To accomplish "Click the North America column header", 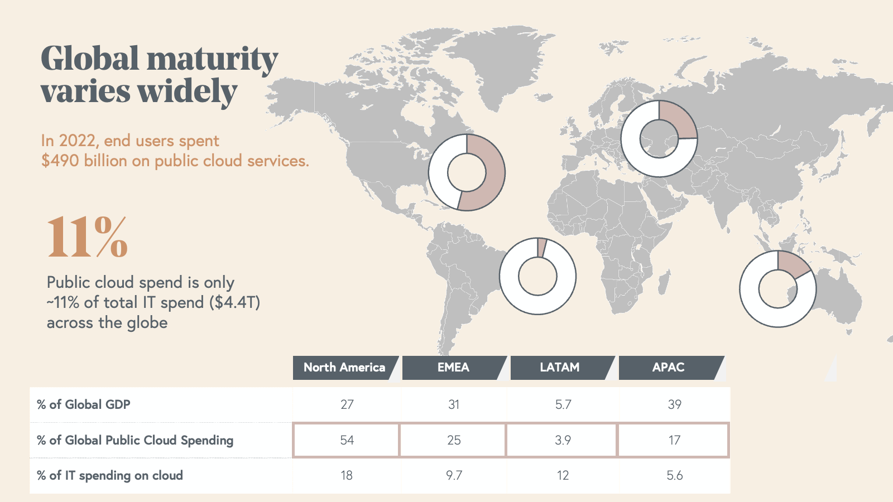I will [344, 368].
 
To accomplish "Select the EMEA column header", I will [453, 368].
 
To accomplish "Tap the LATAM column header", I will [559, 368].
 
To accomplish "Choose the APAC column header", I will [668, 368].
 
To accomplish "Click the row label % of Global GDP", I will [84, 404].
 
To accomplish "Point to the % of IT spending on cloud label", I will [110, 475].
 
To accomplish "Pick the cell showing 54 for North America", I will [347, 440].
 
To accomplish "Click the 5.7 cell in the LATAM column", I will [563, 404].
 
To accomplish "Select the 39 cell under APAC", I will [674, 404].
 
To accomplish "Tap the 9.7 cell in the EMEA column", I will [454, 475].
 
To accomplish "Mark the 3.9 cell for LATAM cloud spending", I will [563, 440].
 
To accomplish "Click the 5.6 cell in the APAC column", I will [674, 475].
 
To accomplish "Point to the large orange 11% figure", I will [88, 238].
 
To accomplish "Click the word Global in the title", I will [90, 59].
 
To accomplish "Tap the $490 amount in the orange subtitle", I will [60, 161].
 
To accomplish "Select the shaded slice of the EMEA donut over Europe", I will [677, 120].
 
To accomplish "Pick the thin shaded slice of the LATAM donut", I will [541, 248].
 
